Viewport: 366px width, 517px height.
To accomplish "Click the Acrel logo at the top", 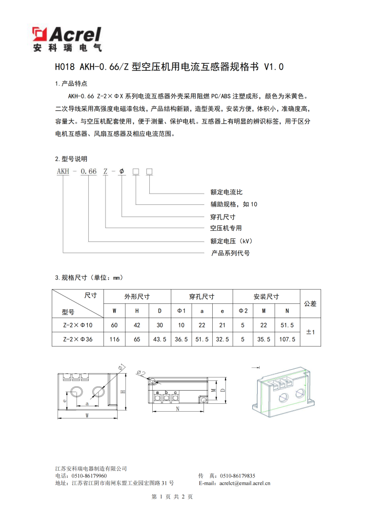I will coord(67,39).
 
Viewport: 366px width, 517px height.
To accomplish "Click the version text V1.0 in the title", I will coord(273,67).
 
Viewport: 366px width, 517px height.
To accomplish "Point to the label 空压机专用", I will coord(226,228).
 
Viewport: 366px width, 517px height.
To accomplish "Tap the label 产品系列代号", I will coord(230,253).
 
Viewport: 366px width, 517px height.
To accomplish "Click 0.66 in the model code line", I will coord(89,171).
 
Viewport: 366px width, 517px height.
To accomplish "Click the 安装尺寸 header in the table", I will coord(266,296).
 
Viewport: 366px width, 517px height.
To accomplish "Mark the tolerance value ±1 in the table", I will coord(310,332).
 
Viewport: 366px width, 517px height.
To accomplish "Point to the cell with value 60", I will coord(115,325).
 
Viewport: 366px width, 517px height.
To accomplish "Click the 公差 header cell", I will coord(310,303).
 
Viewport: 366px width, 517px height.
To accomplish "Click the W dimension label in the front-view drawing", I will coord(87,416).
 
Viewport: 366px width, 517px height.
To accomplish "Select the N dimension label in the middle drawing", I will coord(179,408).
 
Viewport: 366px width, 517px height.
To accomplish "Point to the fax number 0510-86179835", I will coord(238,476).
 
